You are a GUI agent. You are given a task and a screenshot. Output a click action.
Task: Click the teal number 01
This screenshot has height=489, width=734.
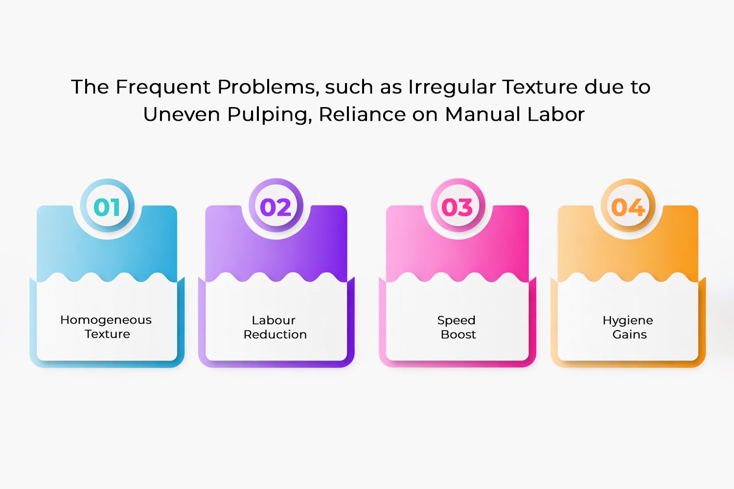click(x=107, y=207)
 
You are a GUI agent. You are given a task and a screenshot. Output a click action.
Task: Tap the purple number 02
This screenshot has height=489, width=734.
click(x=275, y=207)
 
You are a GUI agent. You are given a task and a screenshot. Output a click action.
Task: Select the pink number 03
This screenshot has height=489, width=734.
click(x=457, y=207)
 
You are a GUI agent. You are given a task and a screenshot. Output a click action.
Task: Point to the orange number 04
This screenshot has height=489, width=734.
click(x=628, y=207)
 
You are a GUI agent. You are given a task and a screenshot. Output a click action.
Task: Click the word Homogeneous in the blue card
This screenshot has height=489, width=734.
click(x=106, y=320)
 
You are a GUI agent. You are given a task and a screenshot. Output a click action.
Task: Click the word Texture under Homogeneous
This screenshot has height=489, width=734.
click(x=108, y=334)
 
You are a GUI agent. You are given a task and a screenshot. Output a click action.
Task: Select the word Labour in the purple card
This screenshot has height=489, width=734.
click(x=274, y=320)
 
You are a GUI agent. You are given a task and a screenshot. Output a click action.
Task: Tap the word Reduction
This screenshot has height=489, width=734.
click(x=275, y=334)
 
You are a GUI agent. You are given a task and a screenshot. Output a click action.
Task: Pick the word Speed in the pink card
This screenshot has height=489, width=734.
click(x=456, y=320)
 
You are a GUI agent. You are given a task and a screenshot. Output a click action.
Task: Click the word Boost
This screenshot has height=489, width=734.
click(x=458, y=334)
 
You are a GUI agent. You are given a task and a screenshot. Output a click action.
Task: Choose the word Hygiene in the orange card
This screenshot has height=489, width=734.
click(x=628, y=320)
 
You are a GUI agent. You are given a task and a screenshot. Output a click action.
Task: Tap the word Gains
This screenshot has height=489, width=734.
click(x=629, y=334)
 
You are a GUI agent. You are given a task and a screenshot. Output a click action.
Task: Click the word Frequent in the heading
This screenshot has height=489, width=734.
click(x=163, y=87)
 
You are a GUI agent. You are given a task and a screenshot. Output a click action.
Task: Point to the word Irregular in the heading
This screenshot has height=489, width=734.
click(x=452, y=88)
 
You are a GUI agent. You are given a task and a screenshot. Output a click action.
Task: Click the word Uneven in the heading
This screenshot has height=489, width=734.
click(x=182, y=114)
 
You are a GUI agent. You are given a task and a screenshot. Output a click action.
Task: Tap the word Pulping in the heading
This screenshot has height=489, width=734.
click(x=269, y=115)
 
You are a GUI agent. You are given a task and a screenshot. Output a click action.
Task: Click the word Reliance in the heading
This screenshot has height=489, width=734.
click(x=362, y=114)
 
